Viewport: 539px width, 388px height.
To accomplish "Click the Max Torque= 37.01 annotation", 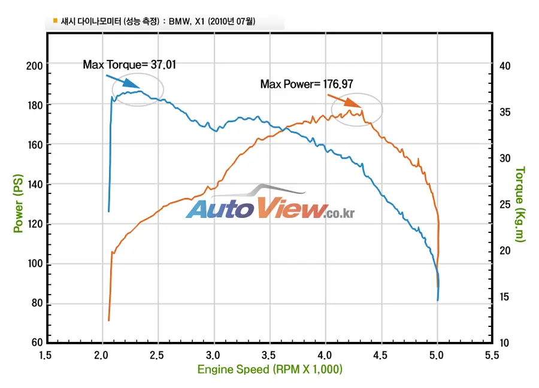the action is pos(129,65).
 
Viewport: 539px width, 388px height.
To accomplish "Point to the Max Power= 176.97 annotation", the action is pos(307,84).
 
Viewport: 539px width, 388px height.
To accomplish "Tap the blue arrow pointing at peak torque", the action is pos(123,81).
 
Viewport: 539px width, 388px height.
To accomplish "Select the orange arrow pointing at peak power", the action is pos(344,101).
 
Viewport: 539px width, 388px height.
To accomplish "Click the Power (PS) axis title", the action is pos(18,203).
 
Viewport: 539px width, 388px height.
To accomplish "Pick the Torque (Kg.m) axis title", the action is pos(520,204).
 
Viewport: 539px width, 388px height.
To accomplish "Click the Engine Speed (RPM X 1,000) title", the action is pos(270,369).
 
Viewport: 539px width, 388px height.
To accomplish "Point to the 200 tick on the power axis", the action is pos(34,66).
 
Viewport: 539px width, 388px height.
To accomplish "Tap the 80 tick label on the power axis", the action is pos(37,303).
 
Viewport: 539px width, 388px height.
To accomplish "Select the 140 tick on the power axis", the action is pos(35,184).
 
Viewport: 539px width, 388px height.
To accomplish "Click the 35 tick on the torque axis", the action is pos(505,112).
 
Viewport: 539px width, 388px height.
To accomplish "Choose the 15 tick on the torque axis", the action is pos(504,296).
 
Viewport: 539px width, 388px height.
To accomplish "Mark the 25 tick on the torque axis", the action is pos(505,205).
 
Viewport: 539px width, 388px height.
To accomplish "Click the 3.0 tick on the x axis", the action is pos(213,354).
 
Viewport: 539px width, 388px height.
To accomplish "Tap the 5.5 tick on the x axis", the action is pos(492,354).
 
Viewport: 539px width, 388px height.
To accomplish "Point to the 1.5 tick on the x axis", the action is pos(45,354).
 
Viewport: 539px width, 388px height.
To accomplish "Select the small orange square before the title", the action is pos(55,20).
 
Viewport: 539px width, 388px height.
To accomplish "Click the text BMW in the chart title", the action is pos(178,22).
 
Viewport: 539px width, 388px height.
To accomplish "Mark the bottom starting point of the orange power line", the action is pos(108,320).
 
